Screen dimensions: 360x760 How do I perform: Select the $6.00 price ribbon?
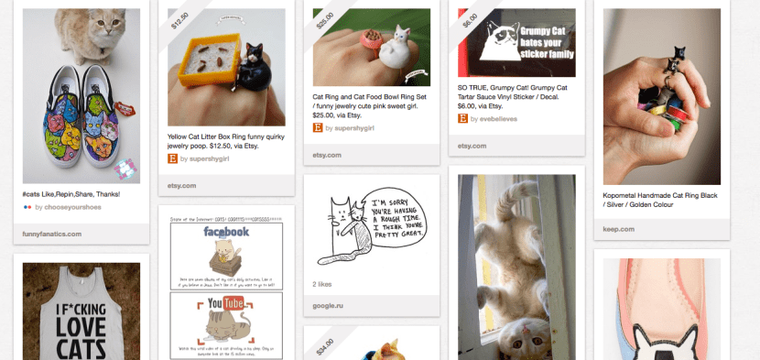coord(470,20)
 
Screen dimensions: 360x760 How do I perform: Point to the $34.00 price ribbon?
coord(325,346)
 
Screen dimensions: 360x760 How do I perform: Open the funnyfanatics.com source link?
coord(52,234)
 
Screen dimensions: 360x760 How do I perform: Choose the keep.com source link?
coord(618,228)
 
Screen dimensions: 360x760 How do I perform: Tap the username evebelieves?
coord(503,118)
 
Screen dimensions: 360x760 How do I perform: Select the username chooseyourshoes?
coord(67,208)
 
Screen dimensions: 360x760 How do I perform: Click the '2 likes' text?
coord(323,285)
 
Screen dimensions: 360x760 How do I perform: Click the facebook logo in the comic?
coord(225,232)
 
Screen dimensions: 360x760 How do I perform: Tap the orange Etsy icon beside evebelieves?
coord(463,118)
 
